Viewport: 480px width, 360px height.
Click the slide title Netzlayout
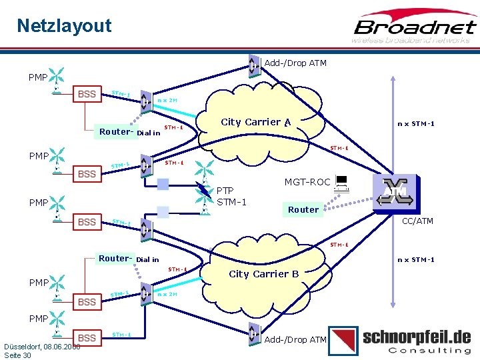64,26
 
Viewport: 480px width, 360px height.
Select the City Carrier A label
255,122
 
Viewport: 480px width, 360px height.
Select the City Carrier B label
264,274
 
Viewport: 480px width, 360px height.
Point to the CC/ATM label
417,221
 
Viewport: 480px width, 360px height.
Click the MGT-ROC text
307,182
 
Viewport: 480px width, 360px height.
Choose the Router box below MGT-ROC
303,209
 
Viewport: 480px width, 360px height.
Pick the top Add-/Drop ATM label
295,63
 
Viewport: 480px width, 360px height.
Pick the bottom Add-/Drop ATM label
295,339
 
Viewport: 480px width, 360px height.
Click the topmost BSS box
87,94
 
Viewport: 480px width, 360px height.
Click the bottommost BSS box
87,338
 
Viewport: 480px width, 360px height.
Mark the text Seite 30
17,355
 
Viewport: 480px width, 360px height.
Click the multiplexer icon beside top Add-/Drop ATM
253,64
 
